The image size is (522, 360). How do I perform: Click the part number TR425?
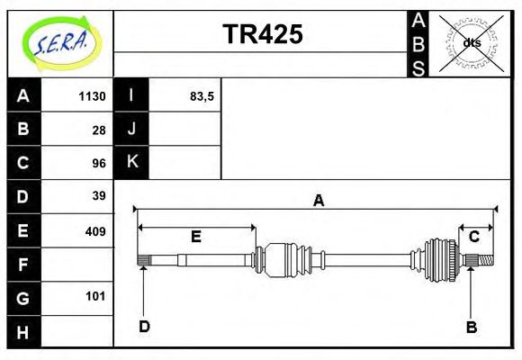pos(262,35)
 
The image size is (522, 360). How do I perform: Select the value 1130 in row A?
pos(92,96)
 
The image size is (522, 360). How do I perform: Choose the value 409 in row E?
pos(95,231)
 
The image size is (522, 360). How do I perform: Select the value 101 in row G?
pos(95,296)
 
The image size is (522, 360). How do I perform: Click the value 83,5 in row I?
pos(202,96)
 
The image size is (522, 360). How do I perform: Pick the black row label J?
pos(131,129)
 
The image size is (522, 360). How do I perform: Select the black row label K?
pos(131,162)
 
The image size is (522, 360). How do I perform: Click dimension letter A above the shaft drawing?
pos(318,201)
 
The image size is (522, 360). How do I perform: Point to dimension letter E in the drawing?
pos(195,237)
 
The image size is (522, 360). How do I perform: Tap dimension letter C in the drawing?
pos(473,237)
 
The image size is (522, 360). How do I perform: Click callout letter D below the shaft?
pos(144,326)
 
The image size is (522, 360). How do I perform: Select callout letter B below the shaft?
pos(471,327)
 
